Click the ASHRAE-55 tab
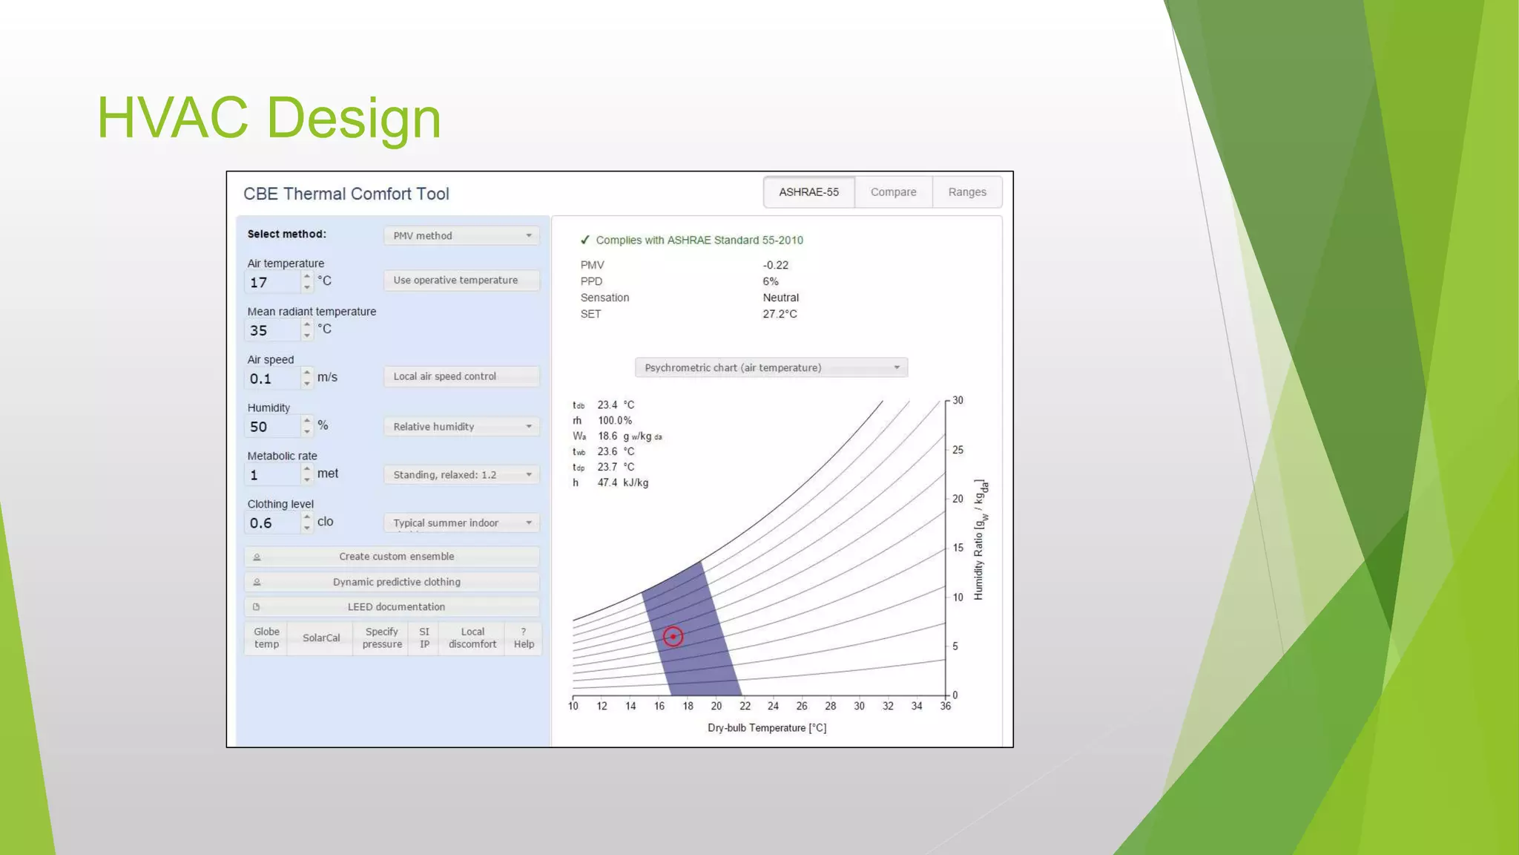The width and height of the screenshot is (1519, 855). pyautogui.click(x=808, y=192)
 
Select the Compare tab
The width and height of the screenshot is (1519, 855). pyautogui.click(x=893, y=192)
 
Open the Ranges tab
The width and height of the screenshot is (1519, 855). pyautogui.click(x=966, y=192)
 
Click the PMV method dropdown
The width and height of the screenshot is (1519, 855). pyautogui.click(x=461, y=236)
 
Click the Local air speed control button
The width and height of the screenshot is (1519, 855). pyautogui.click(x=461, y=376)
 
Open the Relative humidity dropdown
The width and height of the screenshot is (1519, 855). pyautogui.click(x=461, y=427)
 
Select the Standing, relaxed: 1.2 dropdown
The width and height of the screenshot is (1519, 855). pyautogui.click(x=461, y=475)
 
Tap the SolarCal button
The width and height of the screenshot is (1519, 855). pyautogui.click(x=321, y=638)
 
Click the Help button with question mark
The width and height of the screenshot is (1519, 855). pyautogui.click(x=524, y=638)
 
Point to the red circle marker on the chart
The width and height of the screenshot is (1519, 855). pyautogui.click(x=673, y=637)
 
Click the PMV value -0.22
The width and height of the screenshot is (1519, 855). pyautogui.click(x=775, y=265)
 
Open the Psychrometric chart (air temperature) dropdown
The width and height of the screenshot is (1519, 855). pyautogui.click(x=771, y=368)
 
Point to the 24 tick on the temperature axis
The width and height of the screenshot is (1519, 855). pyautogui.click(x=773, y=706)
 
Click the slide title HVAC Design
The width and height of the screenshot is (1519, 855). pyautogui.click(x=269, y=117)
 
